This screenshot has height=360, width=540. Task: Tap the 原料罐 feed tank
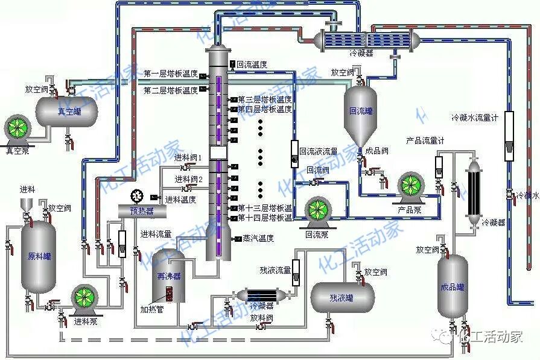click(39, 257)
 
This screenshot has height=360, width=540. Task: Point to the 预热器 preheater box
click(142, 211)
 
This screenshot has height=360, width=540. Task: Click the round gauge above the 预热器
click(136, 196)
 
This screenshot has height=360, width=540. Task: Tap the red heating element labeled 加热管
click(170, 294)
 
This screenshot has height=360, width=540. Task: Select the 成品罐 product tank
click(453, 286)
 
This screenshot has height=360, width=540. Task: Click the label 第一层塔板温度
click(171, 74)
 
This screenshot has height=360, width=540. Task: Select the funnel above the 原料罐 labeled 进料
click(27, 204)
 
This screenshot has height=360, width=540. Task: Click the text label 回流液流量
click(319, 151)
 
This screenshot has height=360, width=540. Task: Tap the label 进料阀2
click(188, 179)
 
